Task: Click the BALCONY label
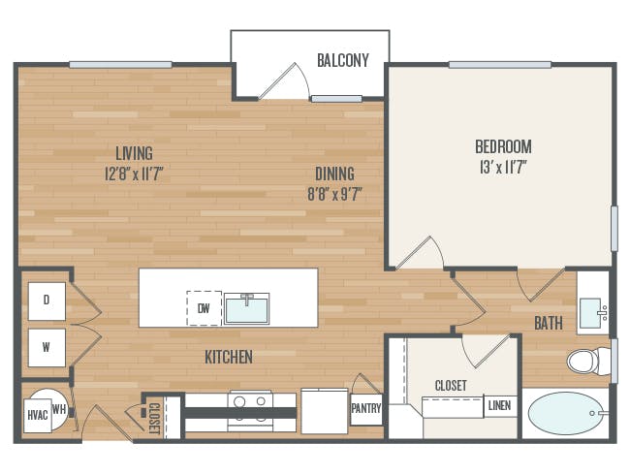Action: point(343,60)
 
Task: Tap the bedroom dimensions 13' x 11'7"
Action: point(503,167)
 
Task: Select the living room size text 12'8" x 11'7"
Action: point(134,174)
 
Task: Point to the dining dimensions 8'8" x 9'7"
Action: point(335,194)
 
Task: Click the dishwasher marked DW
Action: point(205,308)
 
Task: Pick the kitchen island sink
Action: point(247,308)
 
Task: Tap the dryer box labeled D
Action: point(47,301)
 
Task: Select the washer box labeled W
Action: point(47,348)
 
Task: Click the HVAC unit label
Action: point(38,415)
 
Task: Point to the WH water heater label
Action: point(59,410)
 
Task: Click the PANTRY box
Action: point(366,409)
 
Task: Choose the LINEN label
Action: point(500,406)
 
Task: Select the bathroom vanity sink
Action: point(592,313)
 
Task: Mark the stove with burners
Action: point(250,412)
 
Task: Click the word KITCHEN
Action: point(229,357)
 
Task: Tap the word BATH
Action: point(549,323)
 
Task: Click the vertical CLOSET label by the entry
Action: point(154,418)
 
